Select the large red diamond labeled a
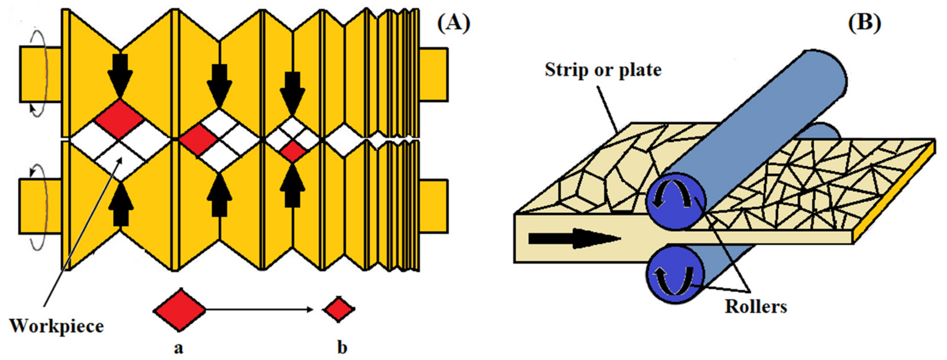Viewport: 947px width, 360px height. [x=179, y=310]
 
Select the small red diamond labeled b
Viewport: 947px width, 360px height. [x=339, y=310]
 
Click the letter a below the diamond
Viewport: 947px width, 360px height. [x=178, y=348]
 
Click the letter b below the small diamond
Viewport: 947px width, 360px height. [x=342, y=348]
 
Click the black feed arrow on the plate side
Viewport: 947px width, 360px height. [x=574, y=239]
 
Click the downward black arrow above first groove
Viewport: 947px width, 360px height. [x=120, y=75]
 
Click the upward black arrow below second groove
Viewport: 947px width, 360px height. [x=220, y=197]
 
